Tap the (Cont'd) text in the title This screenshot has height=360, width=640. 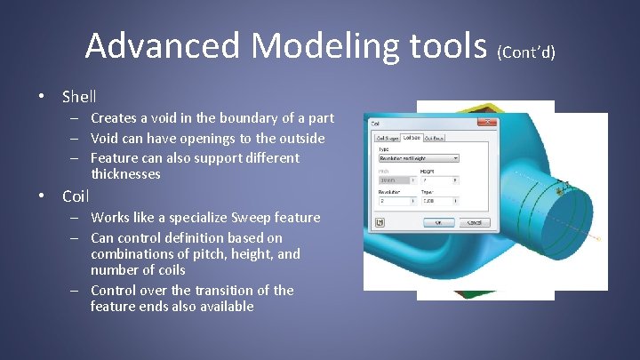[x=526, y=51]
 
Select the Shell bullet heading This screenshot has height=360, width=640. [x=79, y=96]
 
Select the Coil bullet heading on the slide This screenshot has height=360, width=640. [x=76, y=196]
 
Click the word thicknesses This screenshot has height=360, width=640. [x=125, y=174]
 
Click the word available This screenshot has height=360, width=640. [x=221, y=307]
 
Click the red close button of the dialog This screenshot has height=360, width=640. [x=486, y=123]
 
